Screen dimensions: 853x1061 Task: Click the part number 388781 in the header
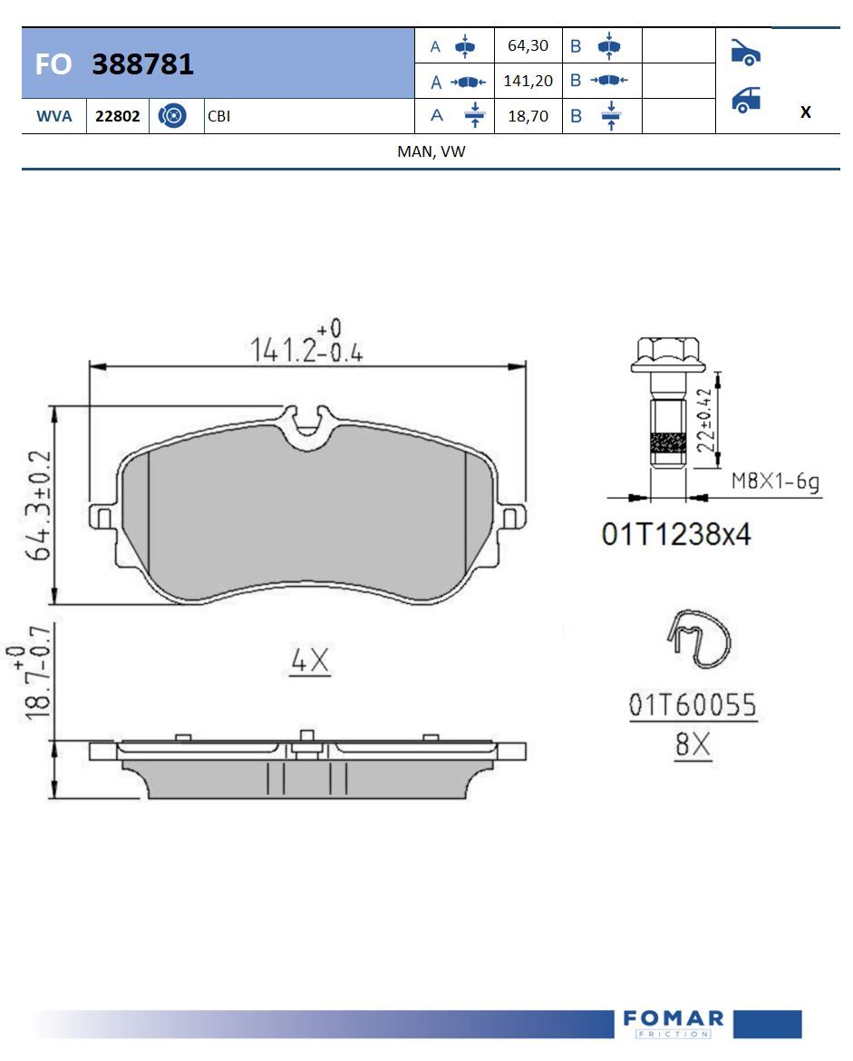tap(142, 64)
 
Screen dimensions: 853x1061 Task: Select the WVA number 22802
tap(117, 116)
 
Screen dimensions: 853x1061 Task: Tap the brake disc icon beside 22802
tap(172, 116)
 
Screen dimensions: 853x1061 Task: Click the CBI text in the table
tap(219, 116)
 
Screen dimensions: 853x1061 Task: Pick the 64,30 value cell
tap(528, 45)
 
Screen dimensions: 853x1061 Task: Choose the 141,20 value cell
tap(528, 81)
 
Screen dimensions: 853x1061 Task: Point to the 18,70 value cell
tap(528, 116)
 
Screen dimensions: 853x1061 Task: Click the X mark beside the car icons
tap(805, 112)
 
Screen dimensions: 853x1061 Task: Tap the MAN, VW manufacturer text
tap(431, 151)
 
